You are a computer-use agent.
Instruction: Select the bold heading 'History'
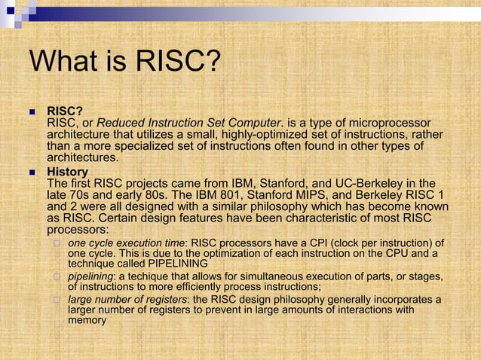point(67,171)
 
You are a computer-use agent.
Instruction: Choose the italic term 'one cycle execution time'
point(127,243)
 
